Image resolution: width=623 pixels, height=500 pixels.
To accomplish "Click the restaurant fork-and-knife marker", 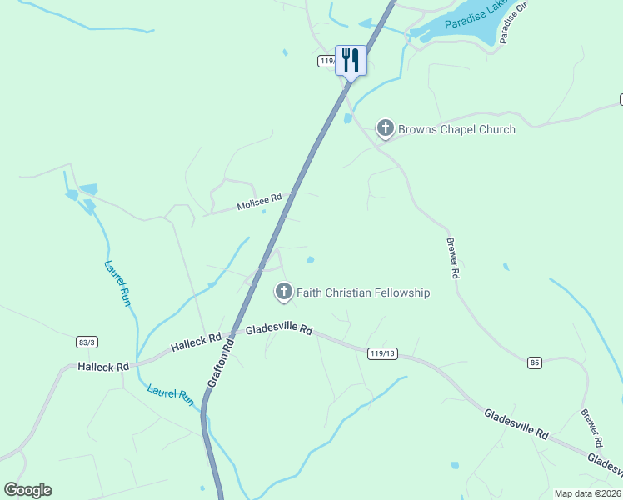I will click(351, 61).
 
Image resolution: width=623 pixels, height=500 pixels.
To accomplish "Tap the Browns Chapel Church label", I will click(456, 129).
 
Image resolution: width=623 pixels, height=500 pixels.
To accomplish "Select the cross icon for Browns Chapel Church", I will click(385, 128).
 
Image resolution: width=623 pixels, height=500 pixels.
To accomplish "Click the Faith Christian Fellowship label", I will click(363, 292).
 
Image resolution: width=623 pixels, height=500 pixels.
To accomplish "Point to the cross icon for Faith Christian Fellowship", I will click(284, 292).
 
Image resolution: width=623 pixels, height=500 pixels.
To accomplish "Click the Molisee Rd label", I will click(259, 202).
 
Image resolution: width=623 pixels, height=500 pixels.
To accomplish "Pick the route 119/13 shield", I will click(381, 353).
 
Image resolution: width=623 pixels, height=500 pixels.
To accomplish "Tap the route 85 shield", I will click(535, 362).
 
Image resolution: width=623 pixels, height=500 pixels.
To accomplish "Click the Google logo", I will click(27, 490).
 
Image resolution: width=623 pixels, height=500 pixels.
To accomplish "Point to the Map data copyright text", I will click(588, 493).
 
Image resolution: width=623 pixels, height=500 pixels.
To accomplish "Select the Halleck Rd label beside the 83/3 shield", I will click(104, 367).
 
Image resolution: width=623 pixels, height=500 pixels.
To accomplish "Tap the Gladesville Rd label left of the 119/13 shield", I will click(278, 330).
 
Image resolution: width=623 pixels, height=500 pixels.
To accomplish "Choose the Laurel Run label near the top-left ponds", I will click(117, 283).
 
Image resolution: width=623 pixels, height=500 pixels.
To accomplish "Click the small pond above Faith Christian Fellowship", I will click(311, 260).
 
